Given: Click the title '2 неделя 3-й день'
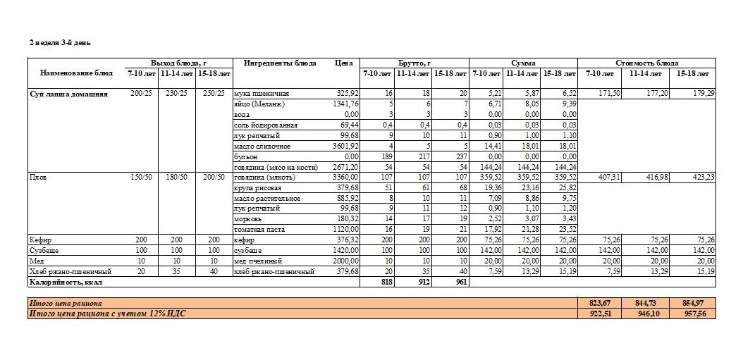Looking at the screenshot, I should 60,43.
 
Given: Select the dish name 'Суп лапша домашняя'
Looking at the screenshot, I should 68,94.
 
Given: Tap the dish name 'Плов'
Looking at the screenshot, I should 36,178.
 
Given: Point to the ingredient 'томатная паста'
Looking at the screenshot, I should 257,230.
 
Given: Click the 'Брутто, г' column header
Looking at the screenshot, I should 414,63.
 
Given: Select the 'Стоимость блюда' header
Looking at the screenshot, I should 646,63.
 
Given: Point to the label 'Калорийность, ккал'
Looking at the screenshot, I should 61,282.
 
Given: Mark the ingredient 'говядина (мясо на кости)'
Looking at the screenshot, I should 276,167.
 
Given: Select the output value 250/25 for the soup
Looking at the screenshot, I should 214,94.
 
